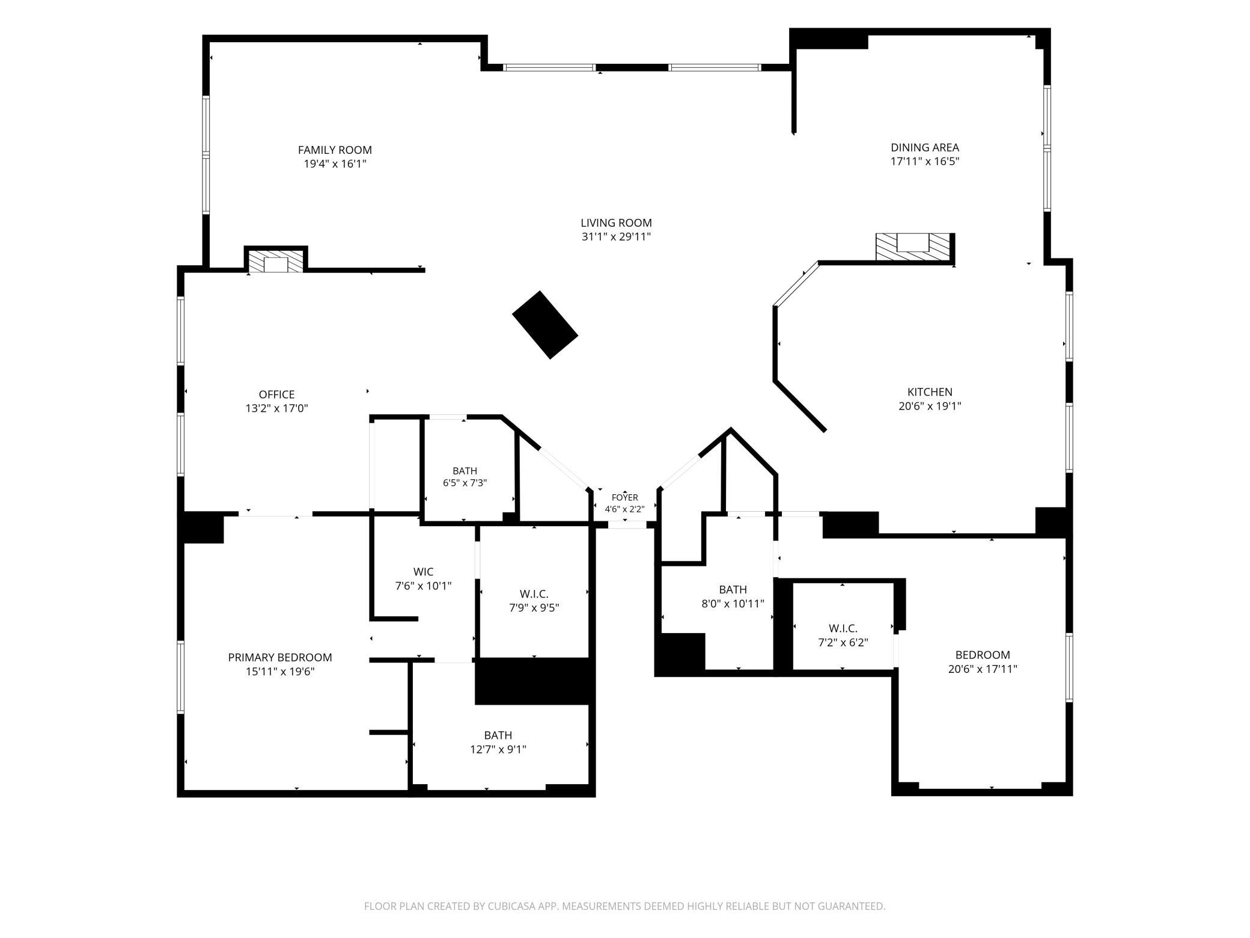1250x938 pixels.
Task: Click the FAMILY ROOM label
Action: (x=335, y=150)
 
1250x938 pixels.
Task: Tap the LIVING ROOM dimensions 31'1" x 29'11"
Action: (x=616, y=237)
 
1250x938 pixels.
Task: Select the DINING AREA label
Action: (x=924, y=147)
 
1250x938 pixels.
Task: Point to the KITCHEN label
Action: (x=930, y=392)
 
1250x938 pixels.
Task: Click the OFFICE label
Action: (x=276, y=394)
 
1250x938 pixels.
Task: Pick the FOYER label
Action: (x=624, y=497)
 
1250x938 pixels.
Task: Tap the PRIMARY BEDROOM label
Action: (x=280, y=657)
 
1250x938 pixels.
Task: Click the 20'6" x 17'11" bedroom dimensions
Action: (x=983, y=669)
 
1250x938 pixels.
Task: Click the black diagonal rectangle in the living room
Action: (x=545, y=325)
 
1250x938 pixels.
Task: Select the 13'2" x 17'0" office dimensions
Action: (x=276, y=409)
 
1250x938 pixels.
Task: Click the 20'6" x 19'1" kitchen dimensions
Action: (x=930, y=406)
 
